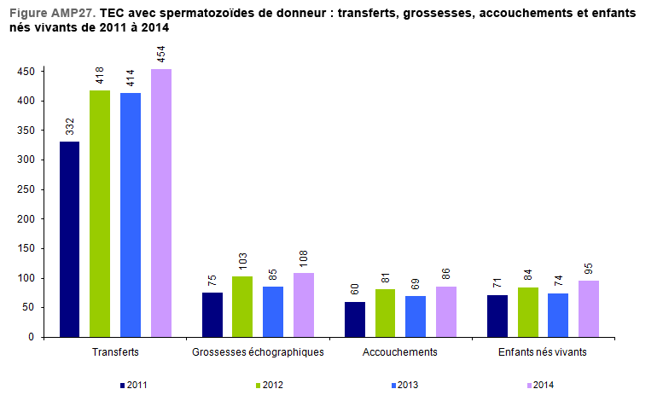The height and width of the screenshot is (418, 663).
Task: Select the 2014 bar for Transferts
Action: pyautogui.click(x=161, y=203)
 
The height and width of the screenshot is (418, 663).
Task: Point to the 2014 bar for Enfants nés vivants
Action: pyautogui.click(x=588, y=309)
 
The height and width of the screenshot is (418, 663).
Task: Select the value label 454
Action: pyautogui.click(x=162, y=55)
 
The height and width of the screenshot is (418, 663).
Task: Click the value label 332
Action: pyautogui.click(x=70, y=126)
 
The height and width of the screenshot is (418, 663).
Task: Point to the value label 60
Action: pyautogui.click(x=355, y=290)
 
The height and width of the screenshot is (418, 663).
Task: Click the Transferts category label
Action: pyautogui.click(x=114, y=351)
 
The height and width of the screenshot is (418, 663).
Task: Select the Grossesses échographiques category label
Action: pyautogui.click(x=258, y=351)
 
